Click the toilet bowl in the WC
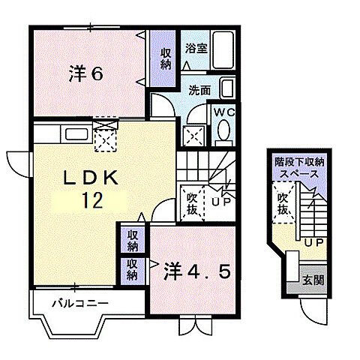pos(223,131)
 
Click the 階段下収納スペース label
pos(298,168)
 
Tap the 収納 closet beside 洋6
pos(165,58)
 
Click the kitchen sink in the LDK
pos(76,134)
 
